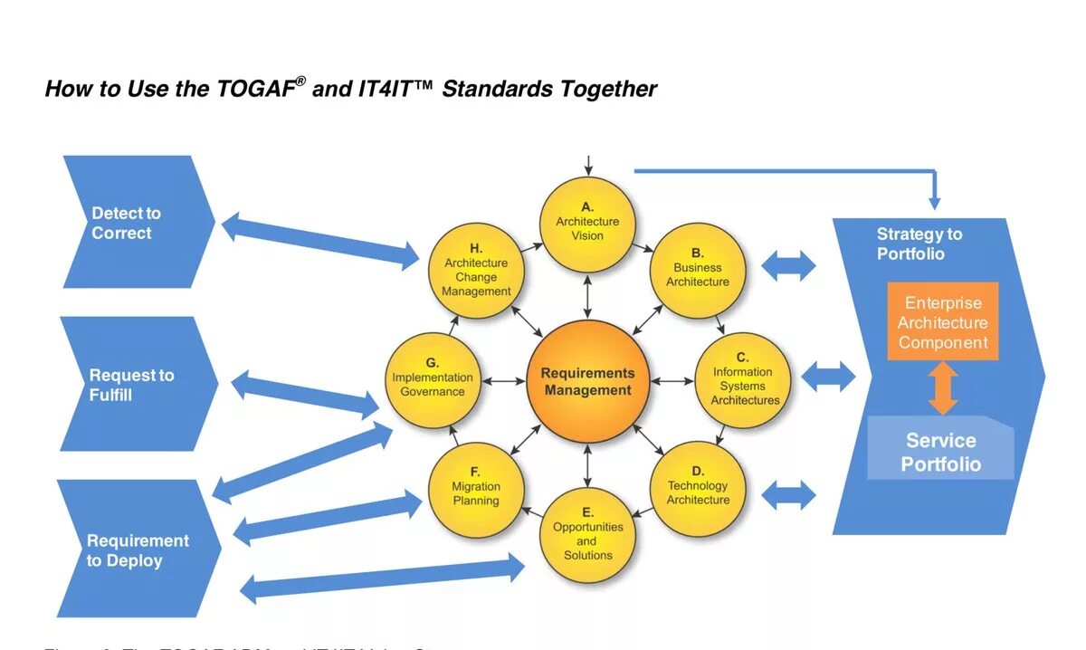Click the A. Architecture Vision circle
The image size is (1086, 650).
click(x=587, y=224)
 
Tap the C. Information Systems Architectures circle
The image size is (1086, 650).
click(x=743, y=380)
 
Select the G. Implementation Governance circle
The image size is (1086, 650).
click(x=433, y=380)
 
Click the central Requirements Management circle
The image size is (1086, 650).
click(x=587, y=381)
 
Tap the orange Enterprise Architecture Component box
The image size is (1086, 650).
click(x=942, y=322)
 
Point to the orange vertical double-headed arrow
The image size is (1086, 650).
click(x=942, y=388)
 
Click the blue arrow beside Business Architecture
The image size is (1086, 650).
click(x=788, y=266)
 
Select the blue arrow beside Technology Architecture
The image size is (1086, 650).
click(x=788, y=495)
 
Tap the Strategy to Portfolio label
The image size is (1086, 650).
click(x=919, y=244)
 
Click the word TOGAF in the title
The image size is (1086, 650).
click(x=256, y=89)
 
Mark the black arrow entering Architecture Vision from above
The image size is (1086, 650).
click(x=588, y=166)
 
